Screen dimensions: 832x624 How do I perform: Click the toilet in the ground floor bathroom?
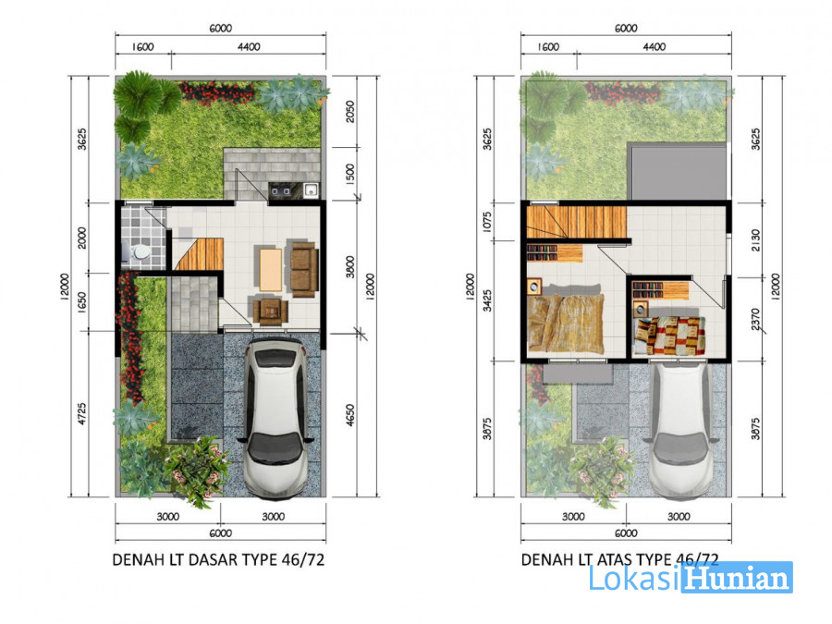click(139, 252)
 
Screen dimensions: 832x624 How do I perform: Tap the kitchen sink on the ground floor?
click(311, 190)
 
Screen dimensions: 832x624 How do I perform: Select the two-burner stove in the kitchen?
click(279, 190)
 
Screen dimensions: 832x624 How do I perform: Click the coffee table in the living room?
click(271, 270)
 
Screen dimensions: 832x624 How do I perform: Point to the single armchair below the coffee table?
click(271, 311)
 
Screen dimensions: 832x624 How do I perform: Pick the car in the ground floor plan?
click(275, 418)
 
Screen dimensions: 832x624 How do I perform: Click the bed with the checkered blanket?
click(669, 336)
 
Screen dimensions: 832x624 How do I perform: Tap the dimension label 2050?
click(350, 112)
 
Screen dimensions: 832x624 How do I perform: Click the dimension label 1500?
click(350, 174)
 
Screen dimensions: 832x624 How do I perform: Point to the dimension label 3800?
click(350, 267)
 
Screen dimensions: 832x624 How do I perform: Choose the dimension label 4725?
click(81, 414)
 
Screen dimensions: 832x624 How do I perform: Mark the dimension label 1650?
click(81, 302)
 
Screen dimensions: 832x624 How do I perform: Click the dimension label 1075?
click(487, 222)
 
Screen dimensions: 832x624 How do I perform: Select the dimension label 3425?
click(487, 300)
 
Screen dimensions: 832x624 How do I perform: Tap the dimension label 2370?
click(756, 320)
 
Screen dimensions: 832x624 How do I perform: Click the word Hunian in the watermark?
click(737, 578)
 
